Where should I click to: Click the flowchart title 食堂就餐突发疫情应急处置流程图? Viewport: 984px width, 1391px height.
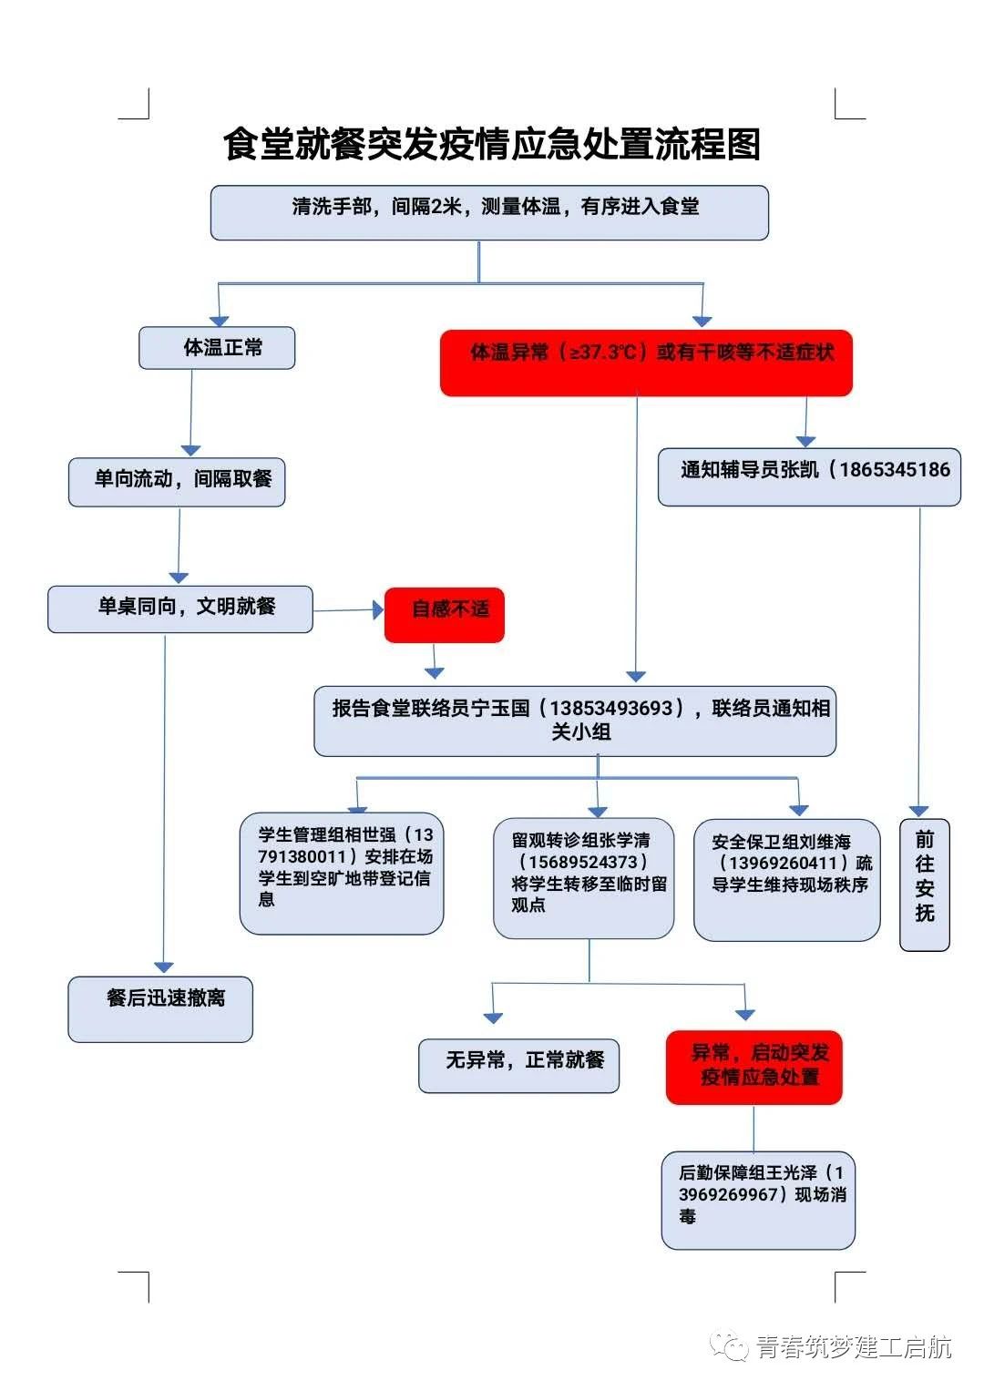[492, 144]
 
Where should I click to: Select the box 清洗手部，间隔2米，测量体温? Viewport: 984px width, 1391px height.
[489, 212]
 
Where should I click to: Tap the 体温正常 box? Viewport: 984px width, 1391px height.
[217, 348]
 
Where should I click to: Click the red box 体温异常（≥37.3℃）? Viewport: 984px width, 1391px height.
[646, 363]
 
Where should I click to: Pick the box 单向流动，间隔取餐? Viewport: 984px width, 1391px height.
[177, 482]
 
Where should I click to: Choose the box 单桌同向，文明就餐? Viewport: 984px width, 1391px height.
[180, 609]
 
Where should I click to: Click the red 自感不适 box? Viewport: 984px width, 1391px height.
[445, 615]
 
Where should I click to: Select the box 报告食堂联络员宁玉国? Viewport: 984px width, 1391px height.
[575, 721]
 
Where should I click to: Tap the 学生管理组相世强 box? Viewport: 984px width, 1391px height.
[342, 874]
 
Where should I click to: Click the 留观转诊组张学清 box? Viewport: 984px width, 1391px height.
[584, 878]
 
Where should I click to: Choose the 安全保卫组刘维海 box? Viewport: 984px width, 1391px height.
[787, 879]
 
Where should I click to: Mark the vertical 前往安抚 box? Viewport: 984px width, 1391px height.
[925, 885]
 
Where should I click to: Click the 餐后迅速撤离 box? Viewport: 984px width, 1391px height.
[160, 1008]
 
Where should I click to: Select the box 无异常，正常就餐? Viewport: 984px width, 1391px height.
[519, 1065]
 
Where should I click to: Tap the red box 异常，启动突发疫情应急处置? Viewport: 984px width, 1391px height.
[754, 1067]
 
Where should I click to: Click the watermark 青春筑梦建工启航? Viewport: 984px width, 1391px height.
[853, 1347]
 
